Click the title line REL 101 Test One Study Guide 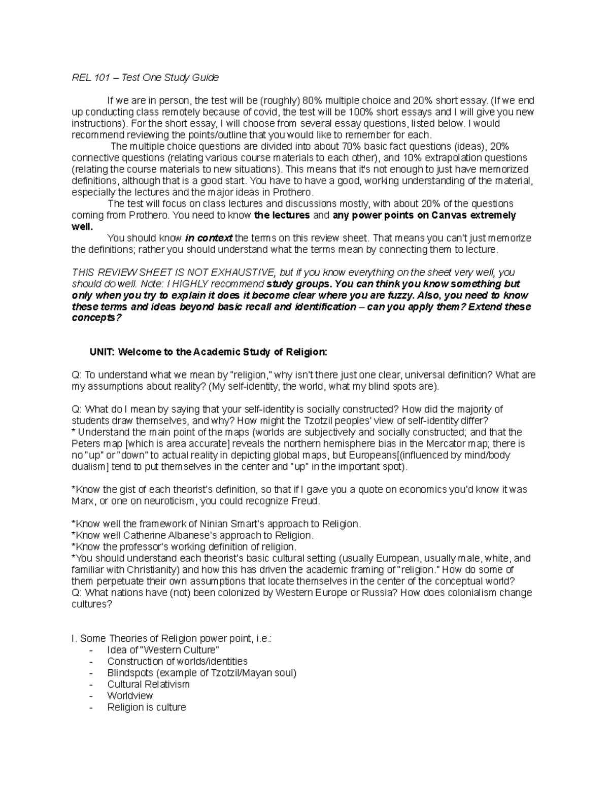145,78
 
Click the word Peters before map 85,444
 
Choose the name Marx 83,501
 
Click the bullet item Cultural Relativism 148,684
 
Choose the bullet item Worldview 130,696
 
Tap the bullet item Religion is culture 147,707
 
